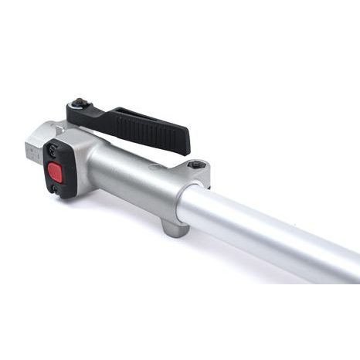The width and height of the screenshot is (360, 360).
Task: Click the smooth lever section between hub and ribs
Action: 100,116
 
